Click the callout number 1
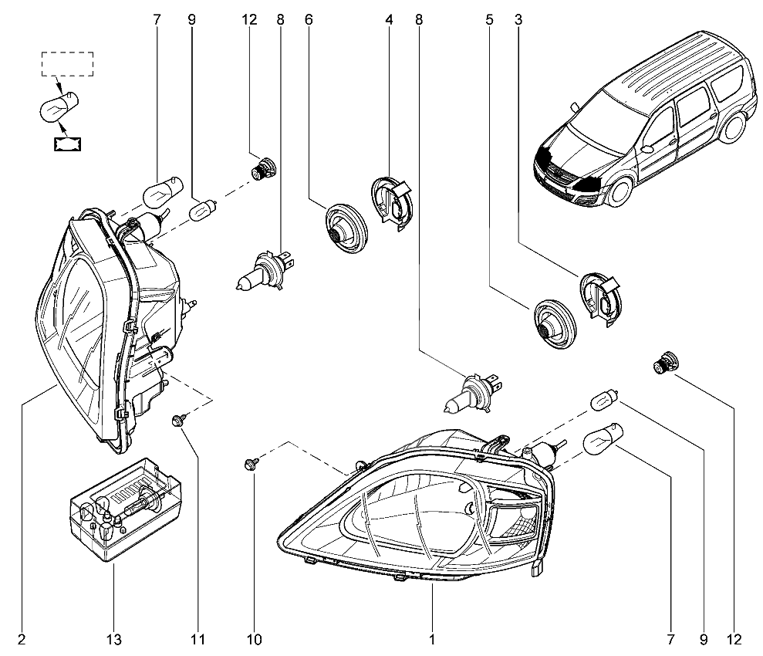click(432, 639)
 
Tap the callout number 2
click(22, 639)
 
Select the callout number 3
click(518, 21)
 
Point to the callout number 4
click(389, 21)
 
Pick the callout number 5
click(488, 21)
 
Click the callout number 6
click(309, 21)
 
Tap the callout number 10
click(255, 639)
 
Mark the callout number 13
click(113, 639)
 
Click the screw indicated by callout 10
click(251, 464)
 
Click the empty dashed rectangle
click(66, 64)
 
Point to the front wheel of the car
click(619, 190)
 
